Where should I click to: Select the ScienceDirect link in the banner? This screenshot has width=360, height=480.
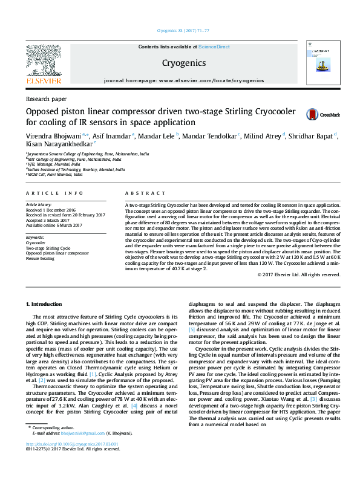pyautogui.click(x=214, y=47)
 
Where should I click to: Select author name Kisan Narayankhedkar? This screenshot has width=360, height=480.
pyautogui.click(x=59, y=144)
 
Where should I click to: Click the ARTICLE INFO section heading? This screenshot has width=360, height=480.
pyautogui.click(x=54, y=193)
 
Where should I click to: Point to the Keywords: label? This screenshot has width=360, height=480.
pyautogui.click(x=35, y=238)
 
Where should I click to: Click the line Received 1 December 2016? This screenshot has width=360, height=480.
pyautogui.click(x=50, y=210)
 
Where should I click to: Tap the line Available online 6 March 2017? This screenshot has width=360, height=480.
pyautogui.click(x=53, y=225)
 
